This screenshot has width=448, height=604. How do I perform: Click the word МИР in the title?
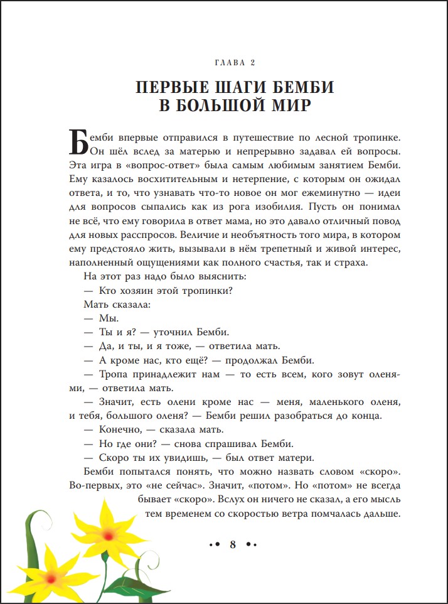[287, 105]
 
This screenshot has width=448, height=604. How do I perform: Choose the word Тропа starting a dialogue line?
[114, 375]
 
